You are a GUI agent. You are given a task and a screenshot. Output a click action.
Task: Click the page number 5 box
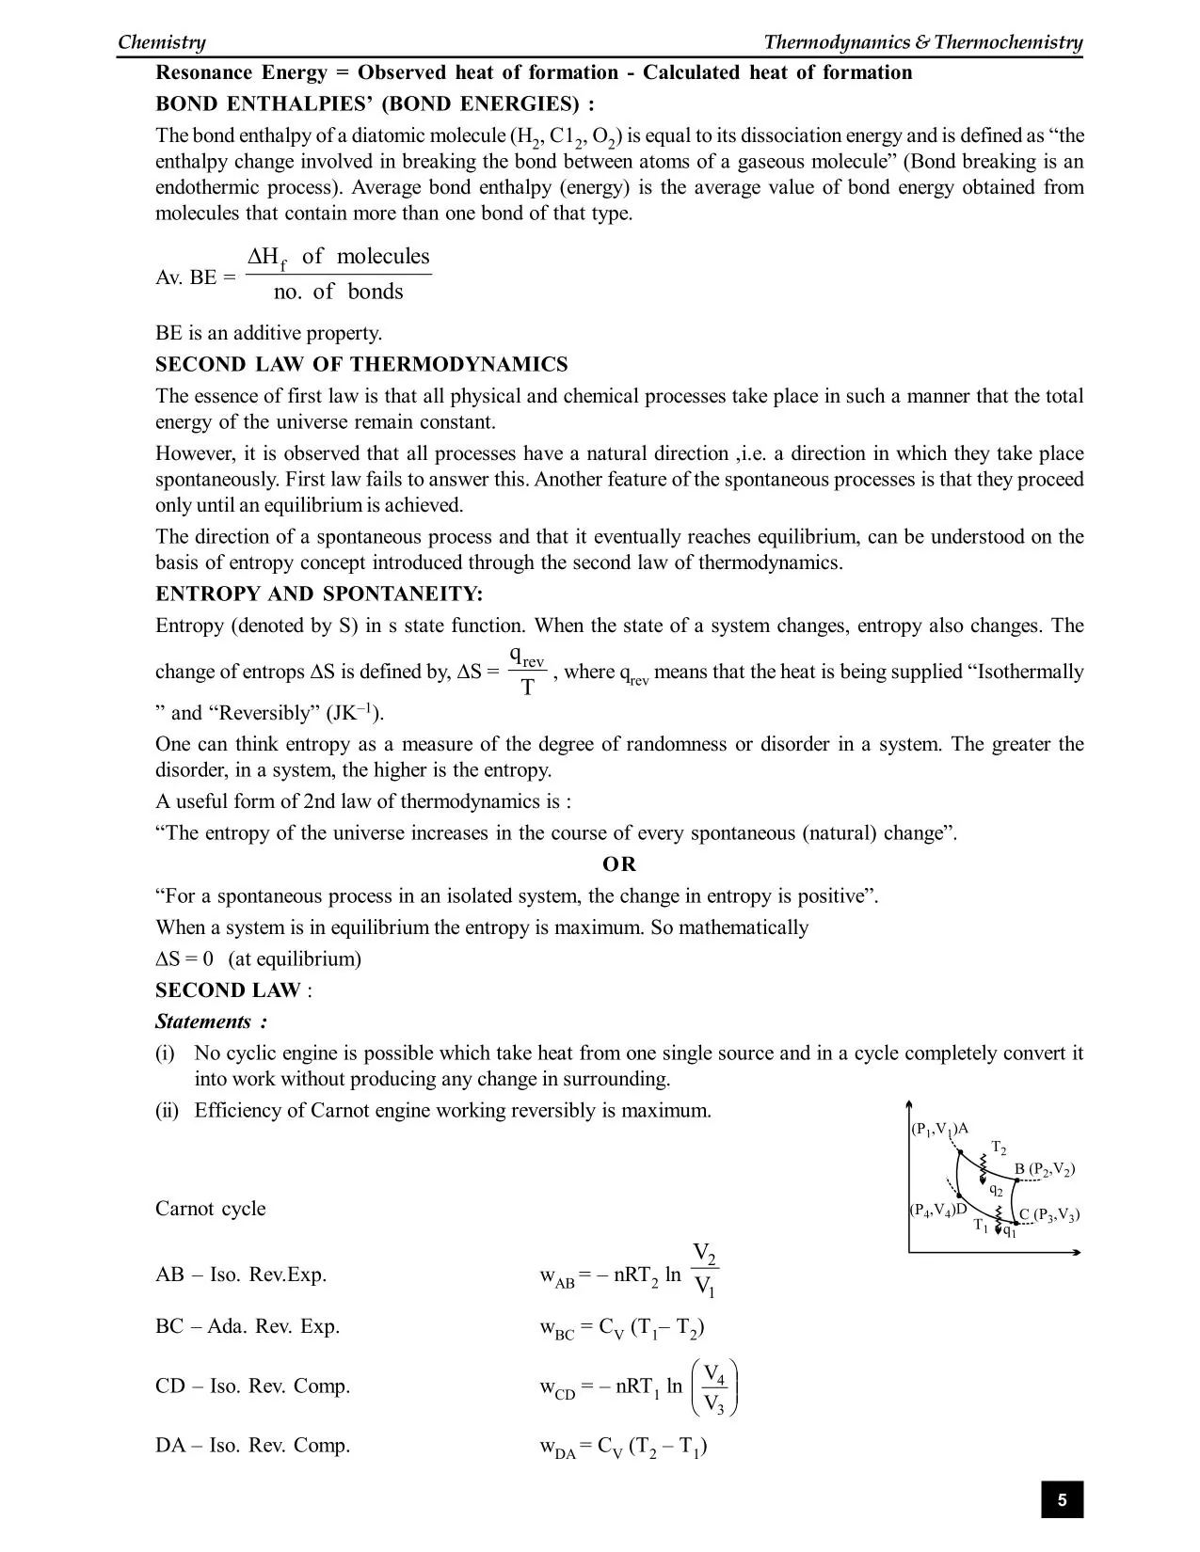coord(1062,1499)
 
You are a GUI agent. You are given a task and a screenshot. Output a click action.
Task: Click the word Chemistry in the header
coord(161,42)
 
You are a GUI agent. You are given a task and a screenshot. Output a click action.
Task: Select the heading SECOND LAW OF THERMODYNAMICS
coord(361,365)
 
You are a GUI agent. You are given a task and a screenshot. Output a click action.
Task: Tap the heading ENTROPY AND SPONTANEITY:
coord(319,594)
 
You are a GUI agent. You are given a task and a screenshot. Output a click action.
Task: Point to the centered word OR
coord(619,864)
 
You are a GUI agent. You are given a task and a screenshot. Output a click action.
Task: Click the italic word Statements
coord(204,1022)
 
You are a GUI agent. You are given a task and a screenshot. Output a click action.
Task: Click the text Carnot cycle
coord(210,1209)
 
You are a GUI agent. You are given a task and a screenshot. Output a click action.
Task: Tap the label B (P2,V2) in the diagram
coord(1044,1170)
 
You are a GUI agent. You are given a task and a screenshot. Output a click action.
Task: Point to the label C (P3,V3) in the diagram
coord(1049,1214)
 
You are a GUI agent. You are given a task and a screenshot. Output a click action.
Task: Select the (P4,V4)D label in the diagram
coord(938,1210)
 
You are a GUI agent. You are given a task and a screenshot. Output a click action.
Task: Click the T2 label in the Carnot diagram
coord(999,1148)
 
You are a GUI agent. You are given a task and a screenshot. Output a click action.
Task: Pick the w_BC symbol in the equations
coord(556,1329)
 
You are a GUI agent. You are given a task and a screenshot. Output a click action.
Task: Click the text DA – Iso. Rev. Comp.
coord(252,1446)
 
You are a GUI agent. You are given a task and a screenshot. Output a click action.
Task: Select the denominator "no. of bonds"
coord(338,293)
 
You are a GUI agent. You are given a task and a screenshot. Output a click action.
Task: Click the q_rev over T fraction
coord(527,672)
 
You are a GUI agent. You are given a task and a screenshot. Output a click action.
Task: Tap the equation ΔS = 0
coord(184,959)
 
